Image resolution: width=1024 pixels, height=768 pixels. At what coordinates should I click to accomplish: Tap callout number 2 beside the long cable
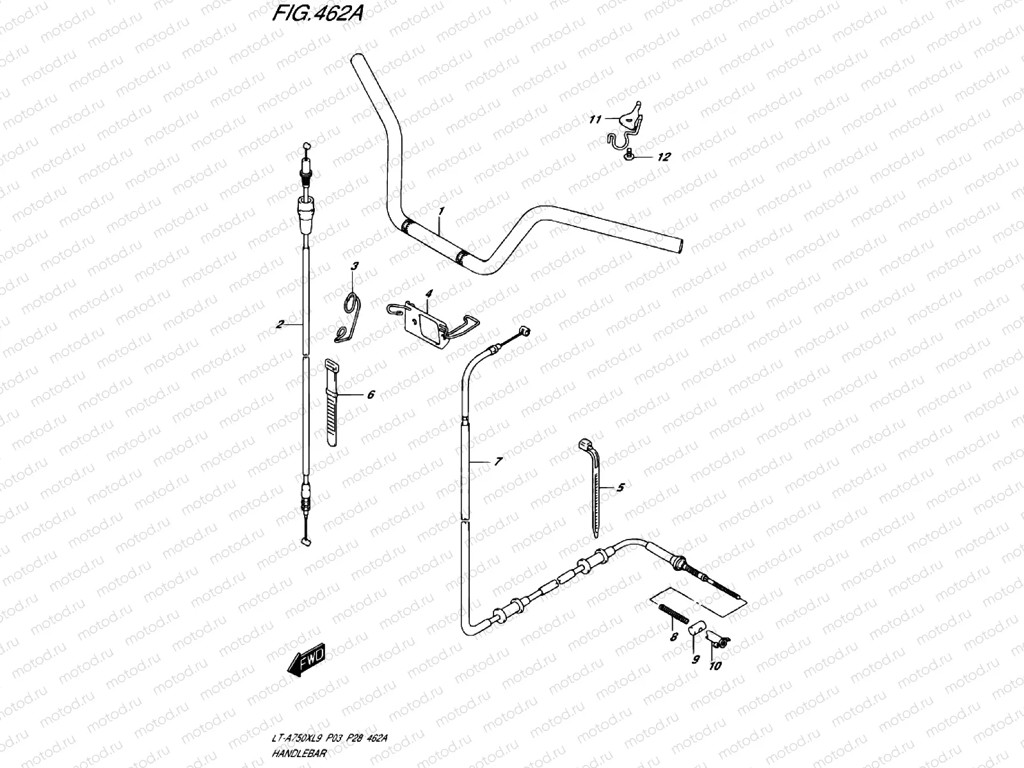pos(280,324)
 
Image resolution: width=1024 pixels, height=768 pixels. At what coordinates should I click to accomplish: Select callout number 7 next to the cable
pos(499,461)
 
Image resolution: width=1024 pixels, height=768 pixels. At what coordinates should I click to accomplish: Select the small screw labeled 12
pos(630,154)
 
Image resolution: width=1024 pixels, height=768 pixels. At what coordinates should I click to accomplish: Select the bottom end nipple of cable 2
pos(305,541)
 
